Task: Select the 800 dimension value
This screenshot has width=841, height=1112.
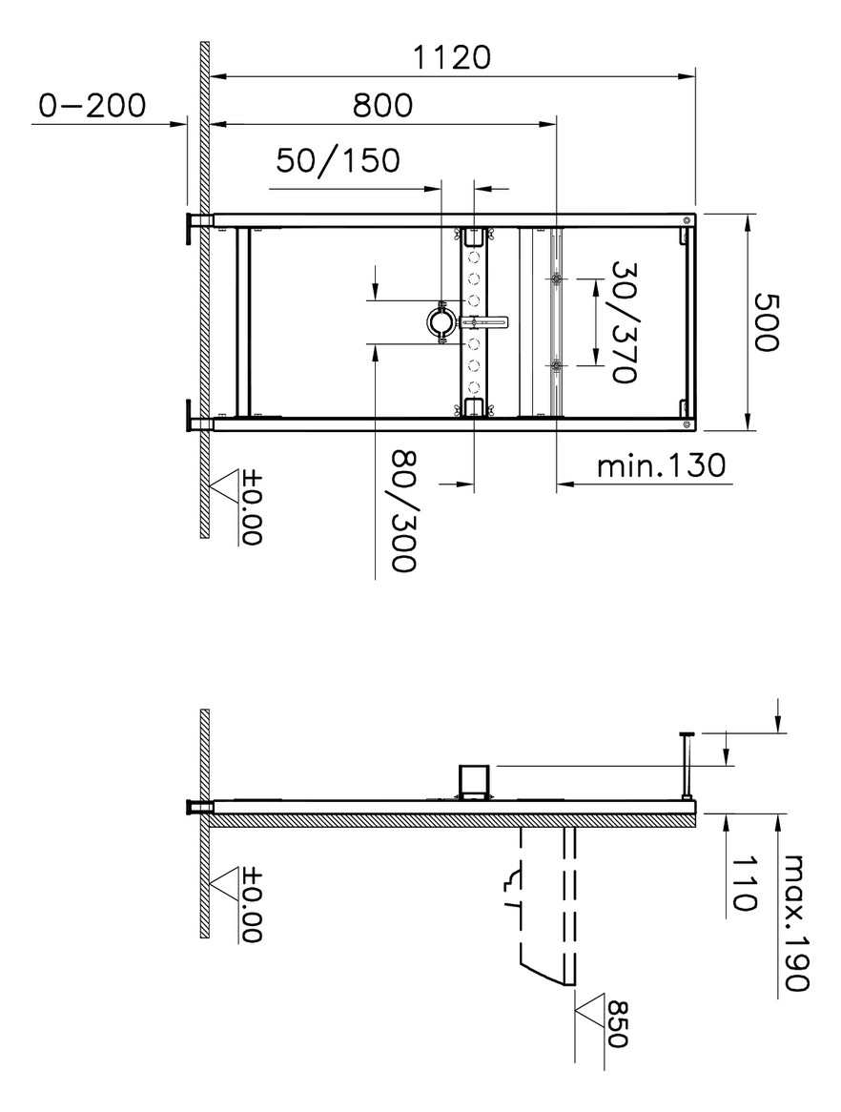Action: coord(382,106)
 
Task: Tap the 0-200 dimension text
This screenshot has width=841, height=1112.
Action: coord(92,106)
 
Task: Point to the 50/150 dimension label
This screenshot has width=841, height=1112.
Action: coord(338,160)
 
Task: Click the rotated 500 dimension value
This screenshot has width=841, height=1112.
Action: coord(768,321)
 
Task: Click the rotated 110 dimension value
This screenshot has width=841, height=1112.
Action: coord(745,883)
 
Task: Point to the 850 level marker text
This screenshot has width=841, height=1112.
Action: coord(618,1024)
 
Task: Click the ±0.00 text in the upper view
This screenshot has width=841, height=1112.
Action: coord(251,505)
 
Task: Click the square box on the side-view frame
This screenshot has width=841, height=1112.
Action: coord(474,779)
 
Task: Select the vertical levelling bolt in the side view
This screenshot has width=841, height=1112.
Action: coord(686,763)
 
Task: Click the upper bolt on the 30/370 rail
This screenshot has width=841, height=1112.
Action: coord(556,279)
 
